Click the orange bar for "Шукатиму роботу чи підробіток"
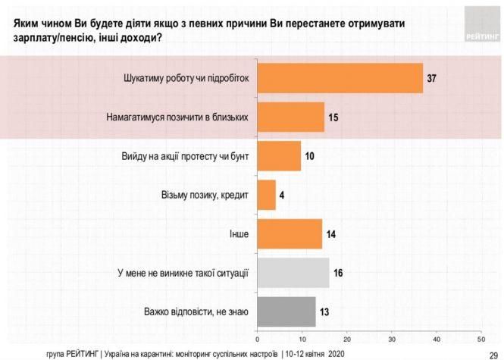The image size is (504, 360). pos(340,78)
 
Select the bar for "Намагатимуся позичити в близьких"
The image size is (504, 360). pos(291,117)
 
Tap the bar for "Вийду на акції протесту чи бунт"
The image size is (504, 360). pos(280,155)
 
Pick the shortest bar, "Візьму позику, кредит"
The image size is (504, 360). pos(267,194)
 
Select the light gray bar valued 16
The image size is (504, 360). pos(293,271)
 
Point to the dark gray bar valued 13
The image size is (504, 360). pos(286,311)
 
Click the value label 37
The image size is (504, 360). pos(432,79)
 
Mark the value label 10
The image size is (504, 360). pos(311,156)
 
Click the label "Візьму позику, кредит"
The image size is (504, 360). pos(206,195)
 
